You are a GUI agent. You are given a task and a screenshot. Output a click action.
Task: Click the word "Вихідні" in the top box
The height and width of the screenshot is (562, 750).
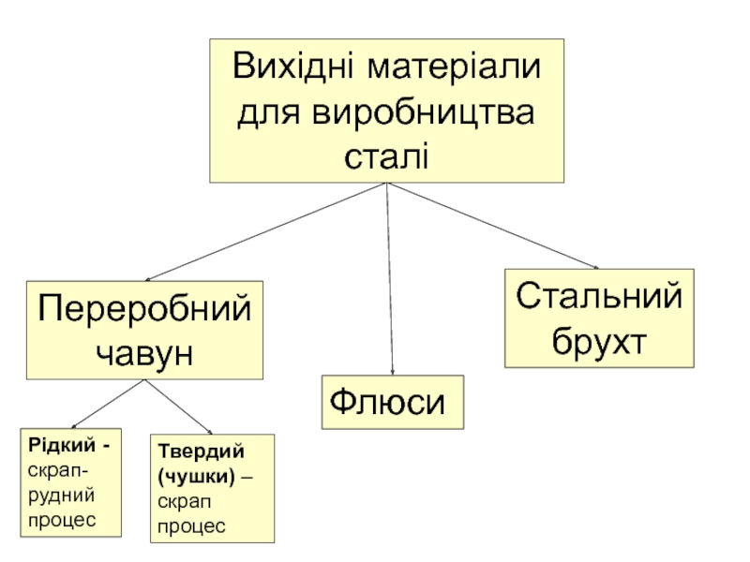(x=292, y=68)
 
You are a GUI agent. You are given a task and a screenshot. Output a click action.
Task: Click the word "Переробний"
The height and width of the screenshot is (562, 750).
(x=144, y=308)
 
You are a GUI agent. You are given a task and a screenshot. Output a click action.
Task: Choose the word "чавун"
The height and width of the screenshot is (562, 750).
(x=144, y=352)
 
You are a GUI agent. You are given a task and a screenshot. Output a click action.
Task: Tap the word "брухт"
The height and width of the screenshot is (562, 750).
(x=600, y=340)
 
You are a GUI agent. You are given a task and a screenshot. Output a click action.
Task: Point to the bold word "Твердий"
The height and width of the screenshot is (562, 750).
(x=193, y=452)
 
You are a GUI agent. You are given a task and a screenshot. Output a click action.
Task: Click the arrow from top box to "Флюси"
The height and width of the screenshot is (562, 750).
(x=389, y=281)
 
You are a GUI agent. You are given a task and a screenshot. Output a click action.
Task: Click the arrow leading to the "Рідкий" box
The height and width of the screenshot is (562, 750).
(x=106, y=405)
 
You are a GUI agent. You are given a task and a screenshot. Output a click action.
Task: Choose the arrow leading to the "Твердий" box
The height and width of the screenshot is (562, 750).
(x=178, y=406)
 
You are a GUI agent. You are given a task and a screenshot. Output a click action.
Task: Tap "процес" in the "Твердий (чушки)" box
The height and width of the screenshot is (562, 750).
(x=191, y=526)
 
